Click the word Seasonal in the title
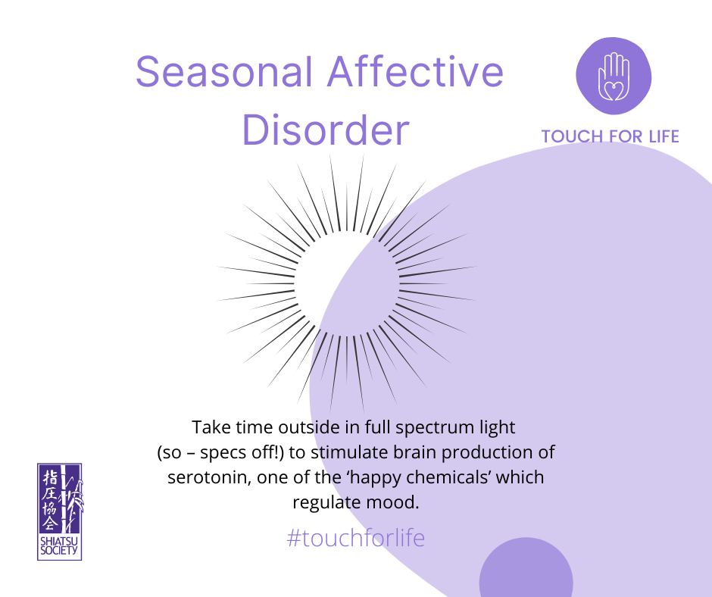[225, 71]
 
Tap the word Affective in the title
[416, 71]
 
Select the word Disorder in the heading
[326, 130]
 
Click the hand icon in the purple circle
[614, 77]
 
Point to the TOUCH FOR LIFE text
[610, 136]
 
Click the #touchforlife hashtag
[356, 538]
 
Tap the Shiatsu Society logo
[60, 511]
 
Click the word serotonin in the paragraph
[209, 477]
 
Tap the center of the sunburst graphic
[347, 283]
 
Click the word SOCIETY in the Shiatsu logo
[60, 551]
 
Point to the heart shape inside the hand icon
[614, 89]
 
